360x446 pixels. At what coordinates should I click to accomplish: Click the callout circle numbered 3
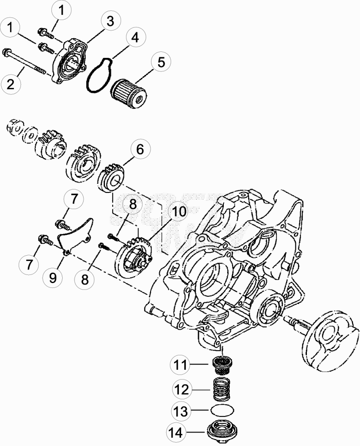click(x=110, y=21)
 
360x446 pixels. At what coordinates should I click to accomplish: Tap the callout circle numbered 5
click(x=161, y=62)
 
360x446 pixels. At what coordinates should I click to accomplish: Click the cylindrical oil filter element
click(x=128, y=95)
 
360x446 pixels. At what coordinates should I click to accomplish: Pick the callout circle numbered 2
click(x=10, y=84)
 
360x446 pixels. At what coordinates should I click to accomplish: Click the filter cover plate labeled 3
click(x=70, y=60)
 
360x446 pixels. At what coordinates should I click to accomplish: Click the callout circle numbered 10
click(x=178, y=211)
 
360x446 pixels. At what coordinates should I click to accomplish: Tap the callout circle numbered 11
click(x=180, y=365)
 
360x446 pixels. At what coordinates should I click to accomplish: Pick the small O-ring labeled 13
click(x=222, y=410)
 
